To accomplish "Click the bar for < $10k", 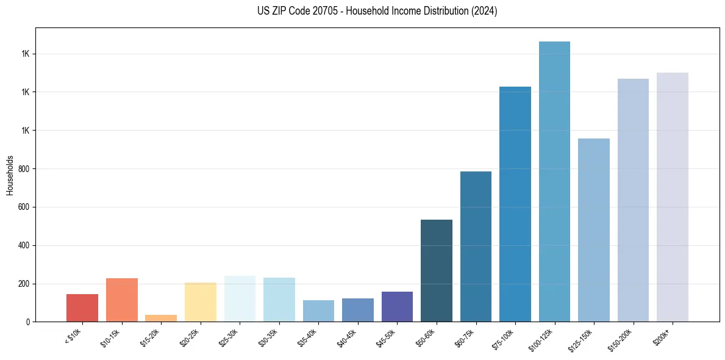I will [82, 308].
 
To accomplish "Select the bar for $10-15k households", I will [121, 300].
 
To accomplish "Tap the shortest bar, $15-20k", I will [161, 319].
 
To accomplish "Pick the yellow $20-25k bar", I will [200, 302].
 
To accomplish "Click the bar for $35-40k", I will [318, 311].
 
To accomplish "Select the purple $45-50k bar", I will [397, 307].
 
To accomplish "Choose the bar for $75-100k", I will [515, 204].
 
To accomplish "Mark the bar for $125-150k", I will [594, 230].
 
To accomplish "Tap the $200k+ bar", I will [673, 197].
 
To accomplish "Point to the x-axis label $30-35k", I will [268, 337].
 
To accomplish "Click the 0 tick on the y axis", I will [28, 322].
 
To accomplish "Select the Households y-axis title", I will [10, 175].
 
